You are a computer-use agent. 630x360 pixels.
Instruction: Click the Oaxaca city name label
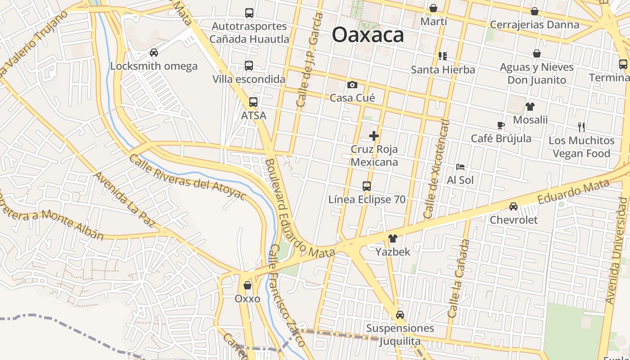point(368,35)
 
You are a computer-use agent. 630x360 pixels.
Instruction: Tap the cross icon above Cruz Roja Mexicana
point(373,135)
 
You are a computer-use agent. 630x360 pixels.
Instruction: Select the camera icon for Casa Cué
point(352,85)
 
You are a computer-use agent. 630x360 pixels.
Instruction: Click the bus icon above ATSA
point(253,102)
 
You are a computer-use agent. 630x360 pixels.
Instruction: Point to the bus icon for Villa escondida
point(249,66)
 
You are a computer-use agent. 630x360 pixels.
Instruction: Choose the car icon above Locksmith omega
point(154,53)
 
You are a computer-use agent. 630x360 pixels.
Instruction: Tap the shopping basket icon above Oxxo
point(247,285)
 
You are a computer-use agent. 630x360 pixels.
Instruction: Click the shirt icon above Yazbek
point(392,238)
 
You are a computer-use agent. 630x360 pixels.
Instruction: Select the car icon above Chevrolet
point(513,207)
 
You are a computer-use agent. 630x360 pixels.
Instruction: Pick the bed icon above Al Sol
point(460,167)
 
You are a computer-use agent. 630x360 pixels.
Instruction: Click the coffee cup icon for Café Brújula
point(501,125)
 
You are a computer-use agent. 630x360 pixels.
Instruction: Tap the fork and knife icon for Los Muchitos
point(581,127)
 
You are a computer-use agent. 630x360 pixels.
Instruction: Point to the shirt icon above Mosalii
point(530,107)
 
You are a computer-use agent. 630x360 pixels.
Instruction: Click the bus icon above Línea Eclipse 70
point(367,186)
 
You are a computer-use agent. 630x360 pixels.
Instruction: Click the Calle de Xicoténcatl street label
point(436,169)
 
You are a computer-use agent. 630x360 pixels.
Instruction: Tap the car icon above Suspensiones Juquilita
point(400,315)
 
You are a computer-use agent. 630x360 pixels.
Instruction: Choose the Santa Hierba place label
point(443,70)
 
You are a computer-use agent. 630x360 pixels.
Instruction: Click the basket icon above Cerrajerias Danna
point(535,11)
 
